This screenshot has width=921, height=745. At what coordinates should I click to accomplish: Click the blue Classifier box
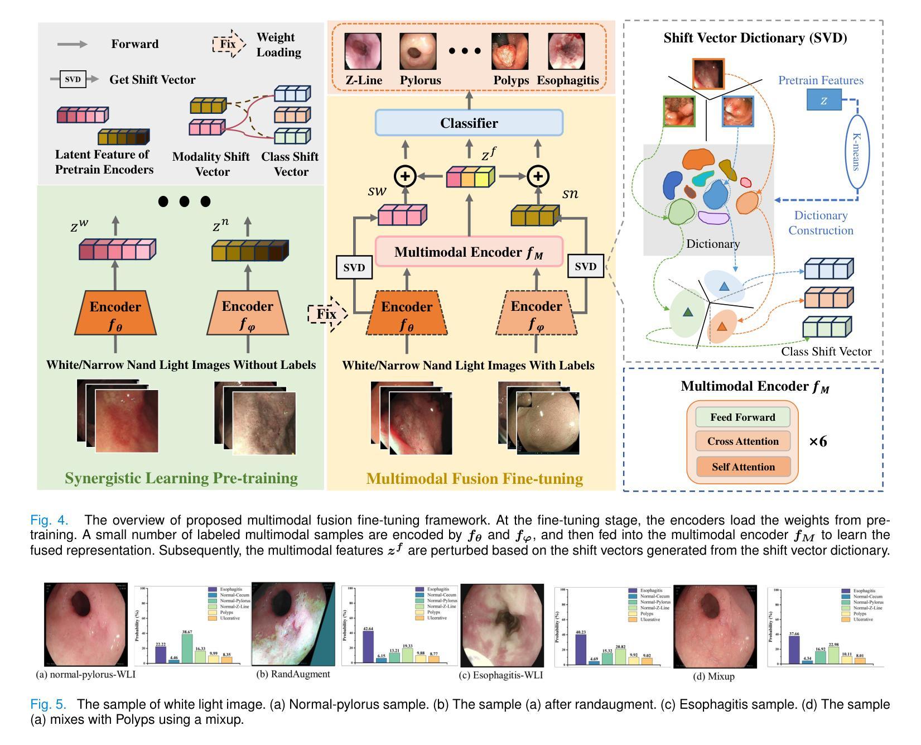coord(469,123)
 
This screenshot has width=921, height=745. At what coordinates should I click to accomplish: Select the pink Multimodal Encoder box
coord(469,252)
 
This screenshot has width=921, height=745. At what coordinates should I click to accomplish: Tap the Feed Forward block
coord(742,417)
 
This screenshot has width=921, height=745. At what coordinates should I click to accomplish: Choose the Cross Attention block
coord(742,441)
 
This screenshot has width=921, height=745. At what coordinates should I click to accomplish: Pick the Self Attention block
coord(742,467)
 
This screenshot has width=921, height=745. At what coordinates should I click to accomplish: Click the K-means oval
coord(857,151)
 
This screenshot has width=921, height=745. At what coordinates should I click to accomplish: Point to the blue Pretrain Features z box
coord(823,100)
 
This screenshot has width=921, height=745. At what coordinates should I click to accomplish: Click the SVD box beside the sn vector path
coord(585,267)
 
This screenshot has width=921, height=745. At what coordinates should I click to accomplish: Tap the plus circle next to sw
coord(405,176)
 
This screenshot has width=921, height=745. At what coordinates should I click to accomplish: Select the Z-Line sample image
coord(363,51)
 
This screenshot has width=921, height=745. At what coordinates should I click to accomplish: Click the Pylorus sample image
coord(418,51)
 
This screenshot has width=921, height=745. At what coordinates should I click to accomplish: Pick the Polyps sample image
coord(509,51)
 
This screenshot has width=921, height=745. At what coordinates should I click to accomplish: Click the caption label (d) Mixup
coord(713,676)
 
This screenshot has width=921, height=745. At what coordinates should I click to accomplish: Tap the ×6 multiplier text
coord(818,442)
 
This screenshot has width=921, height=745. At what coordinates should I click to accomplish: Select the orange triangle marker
coord(722,326)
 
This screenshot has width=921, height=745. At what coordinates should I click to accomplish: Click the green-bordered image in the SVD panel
coord(679,111)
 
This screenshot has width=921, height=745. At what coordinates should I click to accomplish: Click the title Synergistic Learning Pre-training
coord(181,478)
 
